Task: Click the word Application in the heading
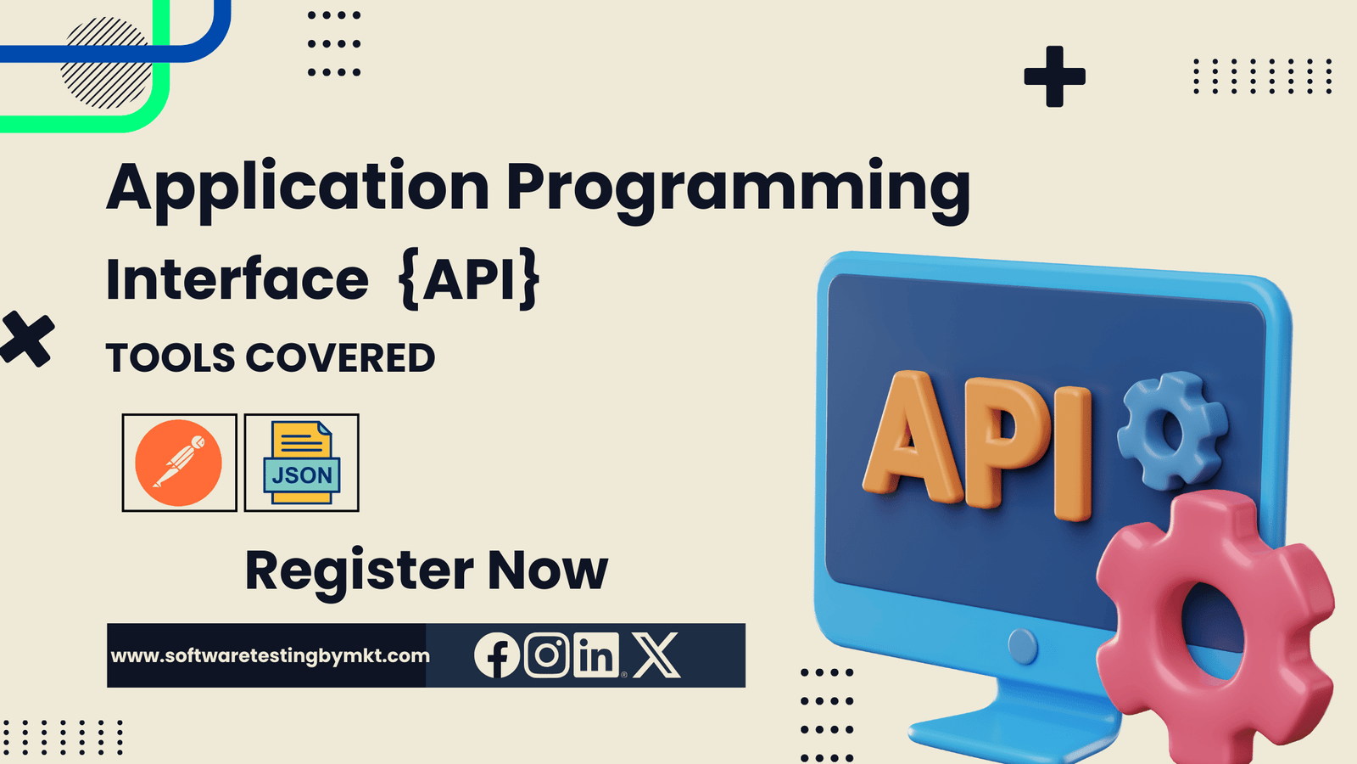pyautogui.click(x=298, y=188)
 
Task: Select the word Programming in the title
pyautogui.click(x=738, y=188)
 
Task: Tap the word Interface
pyautogui.click(x=237, y=280)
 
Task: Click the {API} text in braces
pyautogui.click(x=469, y=278)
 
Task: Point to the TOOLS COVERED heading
pyautogui.click(x=271, y=358)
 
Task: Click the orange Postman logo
pyautogui.click(x=179, y=463)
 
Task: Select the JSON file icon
pyautogui.click(x=302, y=463)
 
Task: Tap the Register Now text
pyautogui.click(x=427, y=570)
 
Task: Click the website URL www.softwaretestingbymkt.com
pyautogui.click(x=270, y=655)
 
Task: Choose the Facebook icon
pyautogui.click(x=496, y=655)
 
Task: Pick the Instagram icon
pyautogui.click(x=547, y=654)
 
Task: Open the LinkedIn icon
pyautogui.click(x=596, y=655)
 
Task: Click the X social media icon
pyautogui.click(x=656, y=655)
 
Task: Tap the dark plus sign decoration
pyautogui.click(x=1054, y=76)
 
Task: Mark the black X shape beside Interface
pyautogui.click(x=26, y=339)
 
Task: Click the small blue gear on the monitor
pyautogui.click(x=1171, y=430)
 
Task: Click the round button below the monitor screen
pyautogui.click(x=1023, y=647)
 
